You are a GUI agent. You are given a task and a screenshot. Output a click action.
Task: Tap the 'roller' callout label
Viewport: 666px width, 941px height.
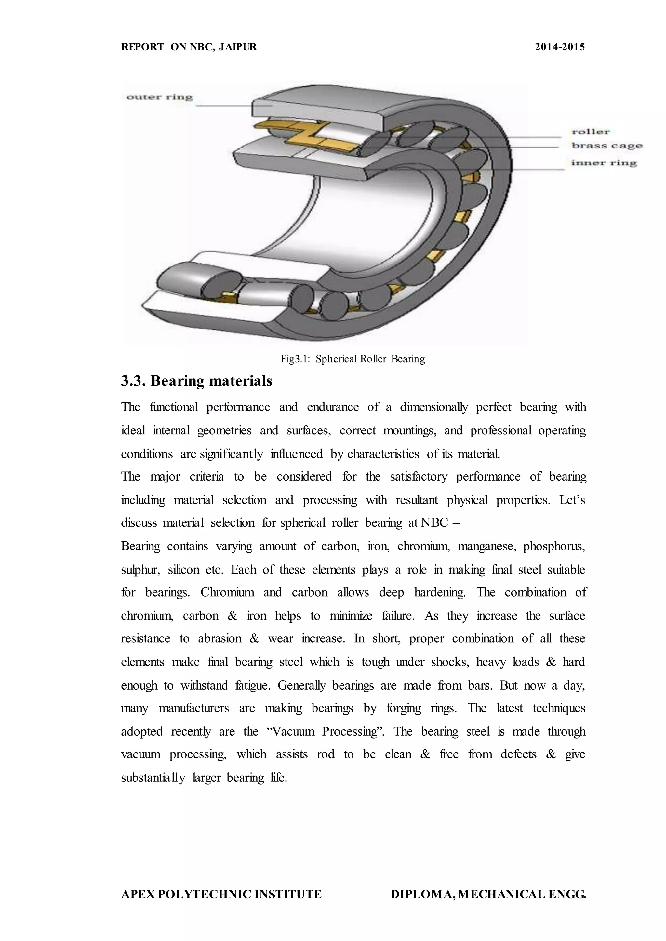(591, 132)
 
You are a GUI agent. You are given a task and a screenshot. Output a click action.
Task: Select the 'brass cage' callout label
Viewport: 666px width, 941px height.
(606, 146)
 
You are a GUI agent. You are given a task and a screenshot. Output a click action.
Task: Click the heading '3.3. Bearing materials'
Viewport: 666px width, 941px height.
(196, 381)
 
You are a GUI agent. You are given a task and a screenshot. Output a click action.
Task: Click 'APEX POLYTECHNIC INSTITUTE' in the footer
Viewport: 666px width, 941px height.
(221, 894)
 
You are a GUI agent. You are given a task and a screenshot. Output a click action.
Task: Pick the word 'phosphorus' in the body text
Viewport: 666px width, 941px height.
(553, 546)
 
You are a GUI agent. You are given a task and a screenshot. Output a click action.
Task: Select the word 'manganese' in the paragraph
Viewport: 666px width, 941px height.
(485, 546)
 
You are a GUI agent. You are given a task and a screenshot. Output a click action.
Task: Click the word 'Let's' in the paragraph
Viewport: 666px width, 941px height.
(572, 500)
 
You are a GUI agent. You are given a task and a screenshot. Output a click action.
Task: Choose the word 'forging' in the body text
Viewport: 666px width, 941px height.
(404, 708)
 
